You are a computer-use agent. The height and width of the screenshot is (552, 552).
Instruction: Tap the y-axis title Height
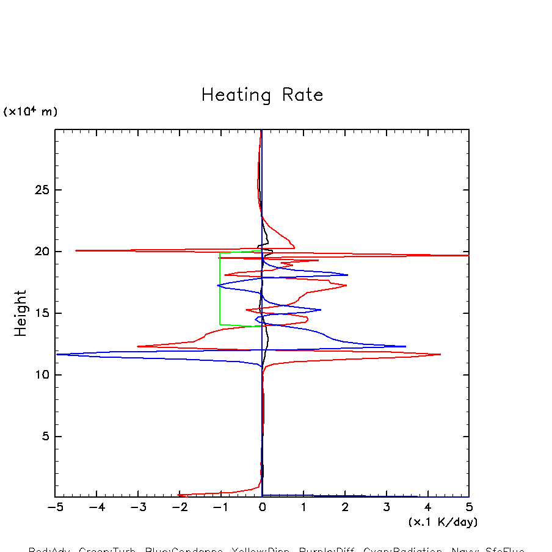(21, 313)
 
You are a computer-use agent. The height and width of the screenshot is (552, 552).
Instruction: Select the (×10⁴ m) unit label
(31, 111)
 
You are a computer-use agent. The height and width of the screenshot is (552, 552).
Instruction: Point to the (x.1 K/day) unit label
(443, 522)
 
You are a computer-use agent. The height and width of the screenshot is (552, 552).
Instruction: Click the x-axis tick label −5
(55, 508)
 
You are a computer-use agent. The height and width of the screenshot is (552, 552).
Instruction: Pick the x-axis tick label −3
(137, 508)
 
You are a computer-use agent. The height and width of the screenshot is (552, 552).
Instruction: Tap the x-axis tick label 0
(262, 508)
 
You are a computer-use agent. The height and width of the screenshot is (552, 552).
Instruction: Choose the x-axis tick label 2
(345, 508)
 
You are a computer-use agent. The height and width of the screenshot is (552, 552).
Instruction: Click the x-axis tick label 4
(427, 508)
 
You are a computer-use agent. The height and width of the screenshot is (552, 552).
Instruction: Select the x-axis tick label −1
(220, 508)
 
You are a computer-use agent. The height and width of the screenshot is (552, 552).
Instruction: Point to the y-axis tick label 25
(41, 190)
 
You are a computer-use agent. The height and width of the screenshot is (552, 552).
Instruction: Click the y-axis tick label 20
(41, 252)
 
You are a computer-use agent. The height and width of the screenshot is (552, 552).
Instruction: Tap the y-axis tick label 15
(41, 313)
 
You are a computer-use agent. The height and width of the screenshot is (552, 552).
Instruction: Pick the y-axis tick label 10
(41, 375)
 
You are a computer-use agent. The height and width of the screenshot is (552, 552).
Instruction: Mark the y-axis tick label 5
(45, 437)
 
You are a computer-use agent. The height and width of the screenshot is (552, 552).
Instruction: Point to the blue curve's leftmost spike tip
(57, 354)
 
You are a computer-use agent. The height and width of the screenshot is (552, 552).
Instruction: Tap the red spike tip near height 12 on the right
(440, 354)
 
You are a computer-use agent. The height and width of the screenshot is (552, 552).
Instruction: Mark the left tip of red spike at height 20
(76, 250)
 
